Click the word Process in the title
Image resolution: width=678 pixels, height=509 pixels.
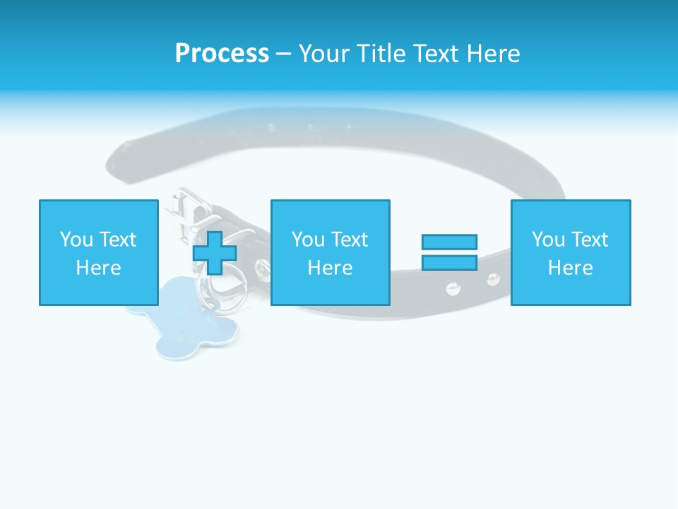(222, 53)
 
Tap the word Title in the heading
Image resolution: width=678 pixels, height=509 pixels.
(380, 53)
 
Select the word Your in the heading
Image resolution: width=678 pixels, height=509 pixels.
(325, 53)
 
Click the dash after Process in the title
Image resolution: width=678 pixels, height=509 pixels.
(283, 54)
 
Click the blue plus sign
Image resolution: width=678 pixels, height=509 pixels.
(215, 252)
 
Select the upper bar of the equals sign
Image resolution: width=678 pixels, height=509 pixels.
(449, 242)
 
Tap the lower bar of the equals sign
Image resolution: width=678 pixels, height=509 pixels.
(449, 262)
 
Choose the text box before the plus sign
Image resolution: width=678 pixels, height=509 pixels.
(98, 252)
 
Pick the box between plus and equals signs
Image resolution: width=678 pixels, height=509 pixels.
(330, 252)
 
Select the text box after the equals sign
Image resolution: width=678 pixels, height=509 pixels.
(570, 252)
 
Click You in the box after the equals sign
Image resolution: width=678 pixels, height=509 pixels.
(548, 240)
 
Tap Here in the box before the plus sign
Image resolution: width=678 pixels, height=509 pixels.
(98, 267)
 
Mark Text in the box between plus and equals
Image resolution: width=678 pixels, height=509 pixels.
(350, 240)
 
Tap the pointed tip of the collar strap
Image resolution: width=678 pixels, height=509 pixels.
(116, 156)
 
